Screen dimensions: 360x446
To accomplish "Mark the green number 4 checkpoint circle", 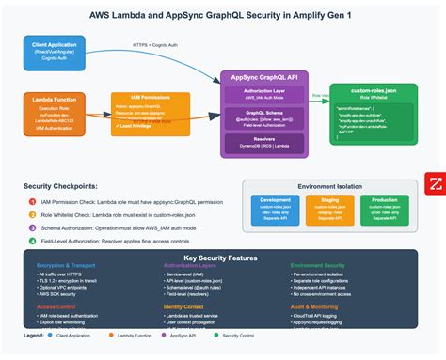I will click(29, 243).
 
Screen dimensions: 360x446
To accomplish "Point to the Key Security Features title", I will click(222, 258).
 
